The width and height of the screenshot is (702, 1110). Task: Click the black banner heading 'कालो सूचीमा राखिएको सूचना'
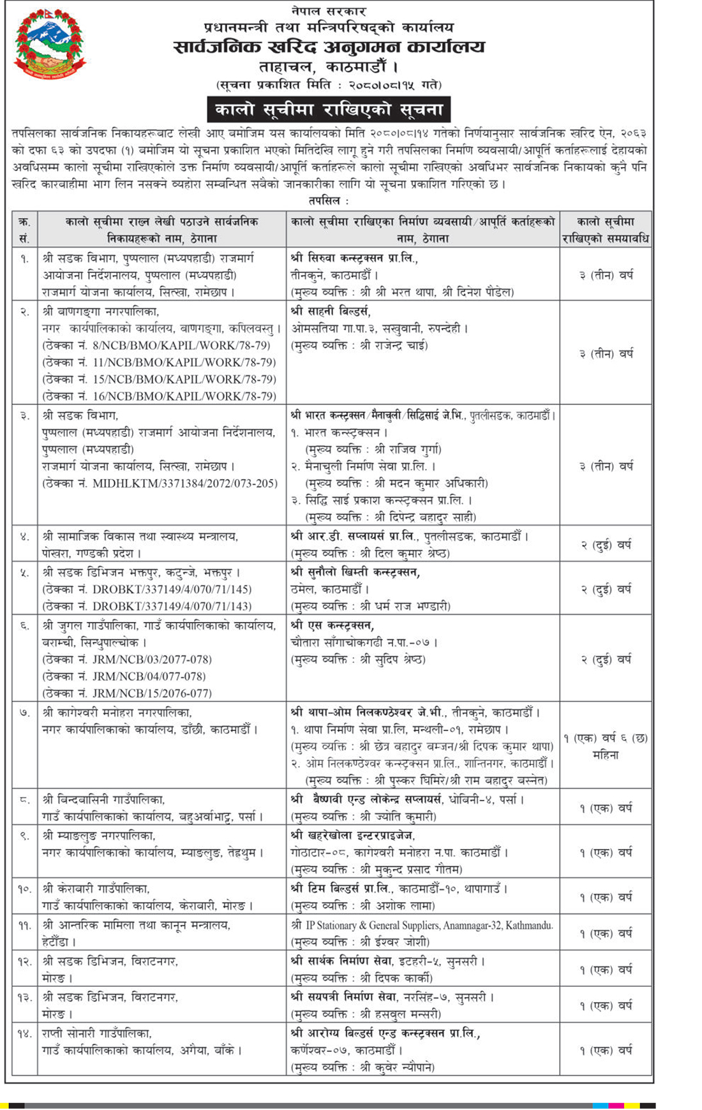(329, 110)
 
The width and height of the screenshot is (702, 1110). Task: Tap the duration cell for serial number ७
(605, 746)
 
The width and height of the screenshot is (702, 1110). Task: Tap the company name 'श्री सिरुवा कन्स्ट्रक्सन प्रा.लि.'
(354, 258)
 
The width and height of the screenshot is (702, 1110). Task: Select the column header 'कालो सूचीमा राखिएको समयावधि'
(605, 230)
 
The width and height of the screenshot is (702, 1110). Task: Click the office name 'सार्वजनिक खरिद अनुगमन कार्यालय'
(329, 47)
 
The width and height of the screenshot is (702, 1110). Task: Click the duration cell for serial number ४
(605, 545)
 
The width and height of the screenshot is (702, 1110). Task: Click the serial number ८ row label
(24, 799)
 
